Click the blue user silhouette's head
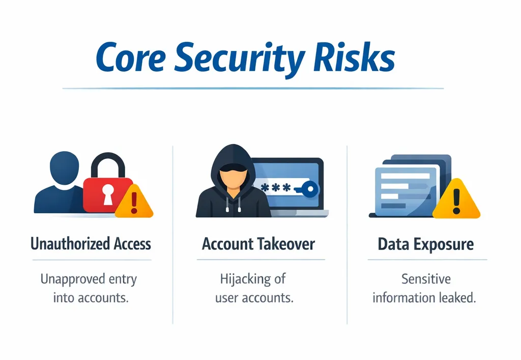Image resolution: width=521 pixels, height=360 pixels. (x=65, y=165)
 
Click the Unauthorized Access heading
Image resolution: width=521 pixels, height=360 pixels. (x=91, y=244)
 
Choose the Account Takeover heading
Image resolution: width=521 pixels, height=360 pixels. (x=258, y=244)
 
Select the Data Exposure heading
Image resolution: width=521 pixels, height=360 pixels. (x=426, y=244)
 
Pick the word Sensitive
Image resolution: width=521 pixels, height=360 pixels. (x=426, y=279)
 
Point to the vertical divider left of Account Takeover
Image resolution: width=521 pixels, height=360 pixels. (x=173, y=234)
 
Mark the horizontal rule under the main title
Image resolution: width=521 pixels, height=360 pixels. (x=253, y=89)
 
